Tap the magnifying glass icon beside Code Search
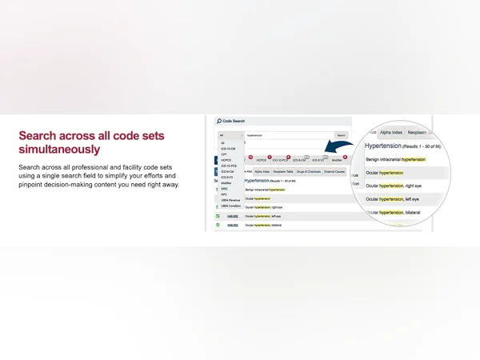[218, 120]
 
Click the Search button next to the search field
[342, 135]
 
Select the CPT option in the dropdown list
[223, 154]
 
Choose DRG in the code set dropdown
[224, 188]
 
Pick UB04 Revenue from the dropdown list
[230, 200]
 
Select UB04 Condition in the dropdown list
[230, 206]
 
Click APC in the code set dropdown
[224, 194]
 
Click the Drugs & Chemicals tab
[309, 171]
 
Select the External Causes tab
[335, 171]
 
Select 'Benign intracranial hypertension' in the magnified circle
[395, 159]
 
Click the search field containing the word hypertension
[288, 135]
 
